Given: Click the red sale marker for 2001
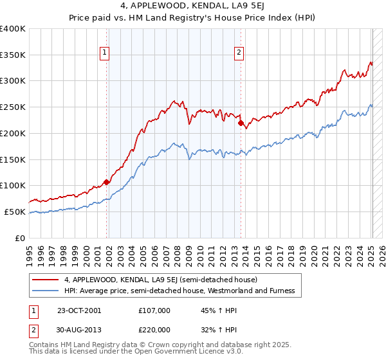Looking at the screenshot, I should [x=106, y=182].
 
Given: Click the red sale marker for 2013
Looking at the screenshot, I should [x=241, y=123].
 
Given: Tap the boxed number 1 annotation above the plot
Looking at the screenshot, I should [x=104, y=53].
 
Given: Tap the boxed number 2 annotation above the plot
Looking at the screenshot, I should [x=239, y=53].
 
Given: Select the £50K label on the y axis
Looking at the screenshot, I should [x=15, y=212].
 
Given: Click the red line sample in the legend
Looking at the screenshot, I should [x=46, y=280].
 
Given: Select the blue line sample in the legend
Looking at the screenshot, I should [x=46, y=291].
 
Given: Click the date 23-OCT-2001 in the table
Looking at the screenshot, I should [x=79, y=310].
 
